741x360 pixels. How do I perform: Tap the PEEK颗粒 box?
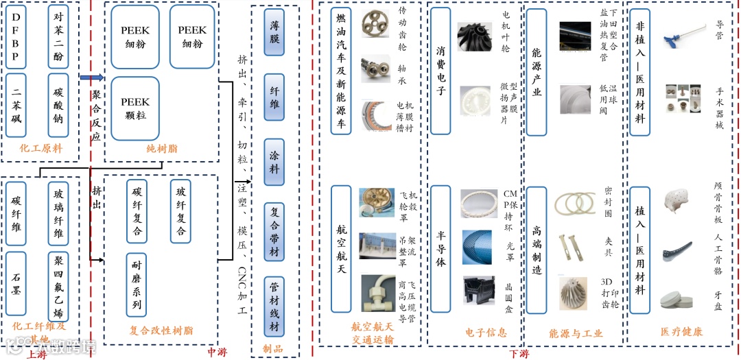tap(135, 108)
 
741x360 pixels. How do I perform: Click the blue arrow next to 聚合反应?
tap(91, 77)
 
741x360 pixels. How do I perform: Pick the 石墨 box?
tap(16, 284)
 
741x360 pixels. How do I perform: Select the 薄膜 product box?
tap(274, 39)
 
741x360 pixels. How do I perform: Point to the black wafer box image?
tap(479, 290)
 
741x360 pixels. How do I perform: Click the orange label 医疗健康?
tap(681, 331)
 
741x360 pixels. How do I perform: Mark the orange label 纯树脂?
tap(161, 147)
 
